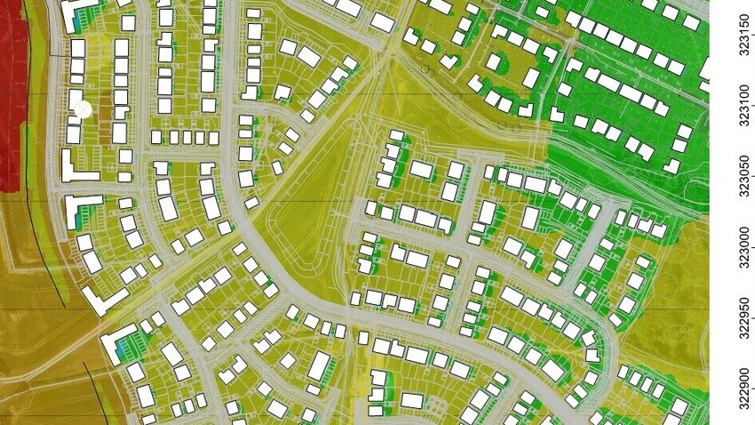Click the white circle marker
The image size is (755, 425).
[83, 109]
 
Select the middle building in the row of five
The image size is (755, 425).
[187, 137]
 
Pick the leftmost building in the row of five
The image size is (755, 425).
[156, 138]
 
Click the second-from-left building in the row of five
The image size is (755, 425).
[173, 137]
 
